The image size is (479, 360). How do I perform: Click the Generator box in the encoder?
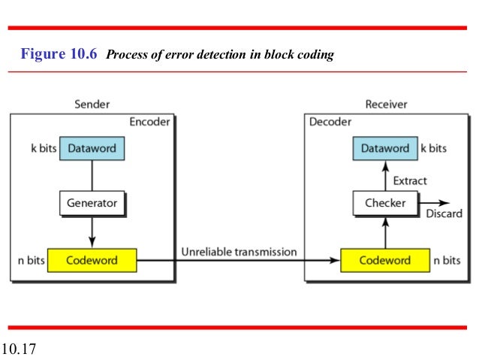click(92, 203)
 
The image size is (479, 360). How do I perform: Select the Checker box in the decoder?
click(384, 203)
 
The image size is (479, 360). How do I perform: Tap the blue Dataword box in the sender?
click(92, 149)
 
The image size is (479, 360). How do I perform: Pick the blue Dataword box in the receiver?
click(384, 149)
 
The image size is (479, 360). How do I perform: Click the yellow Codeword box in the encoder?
click(92, 261)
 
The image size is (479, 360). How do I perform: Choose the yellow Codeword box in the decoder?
click(384, 261)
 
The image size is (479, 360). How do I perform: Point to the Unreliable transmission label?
click(239, 252)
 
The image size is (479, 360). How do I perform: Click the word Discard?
click(444, 215)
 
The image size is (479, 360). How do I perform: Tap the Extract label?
click(410, 180)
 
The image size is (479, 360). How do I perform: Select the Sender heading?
click(92, 105)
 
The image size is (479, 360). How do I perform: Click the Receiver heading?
click(386, 105)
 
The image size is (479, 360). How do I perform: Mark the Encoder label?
click(150, 122)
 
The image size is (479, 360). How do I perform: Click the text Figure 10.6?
click(59, 54)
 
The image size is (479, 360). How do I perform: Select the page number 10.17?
click(20, 349)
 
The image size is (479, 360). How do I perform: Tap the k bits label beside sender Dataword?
click(44, 149)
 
